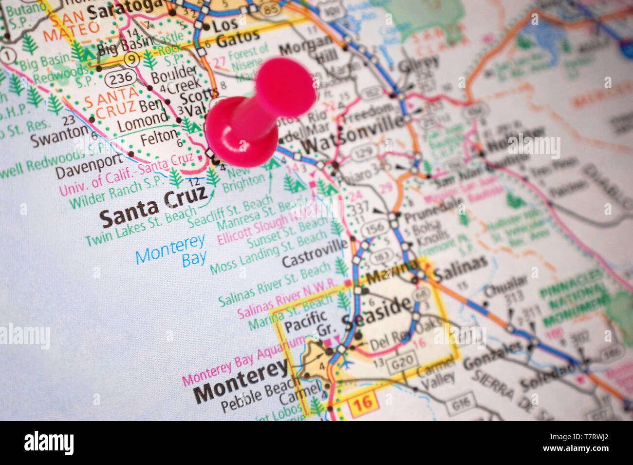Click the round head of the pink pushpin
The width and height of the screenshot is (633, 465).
pyautogui.click(x=285, y=88)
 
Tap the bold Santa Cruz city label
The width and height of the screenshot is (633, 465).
pyautogui.click(x=153, y=207)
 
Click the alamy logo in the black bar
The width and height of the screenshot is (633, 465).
pyautogui.click(x=49, y=443)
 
